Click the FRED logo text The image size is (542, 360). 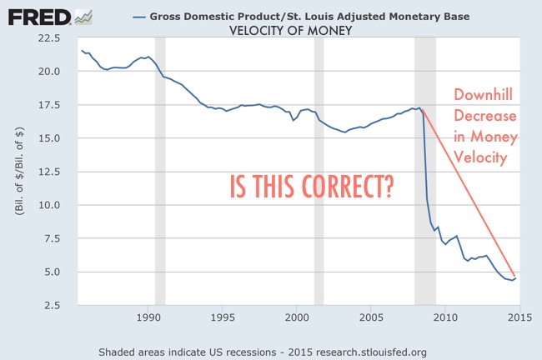tap(38, 16)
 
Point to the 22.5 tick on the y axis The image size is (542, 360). tap(48, 38)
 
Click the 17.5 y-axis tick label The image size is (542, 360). tap(48, 105)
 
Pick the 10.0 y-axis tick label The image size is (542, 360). tap(48, 205)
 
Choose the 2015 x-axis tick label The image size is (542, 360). tap(519, 317)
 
